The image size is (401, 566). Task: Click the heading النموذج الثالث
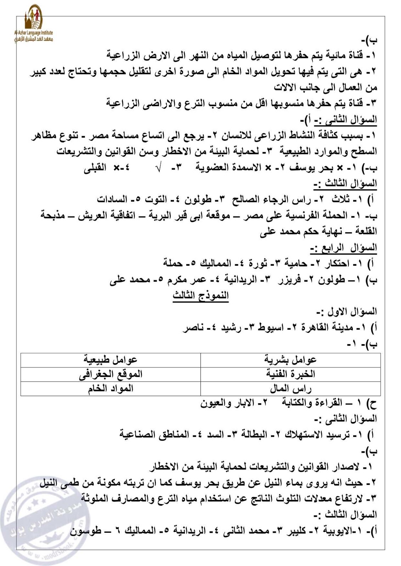[x=200, y=295]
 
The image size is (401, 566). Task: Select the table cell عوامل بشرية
[x=290, y=360]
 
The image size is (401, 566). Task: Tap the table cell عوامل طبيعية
[x=110, y=360]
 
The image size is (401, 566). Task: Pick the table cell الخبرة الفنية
[x=290, y=374]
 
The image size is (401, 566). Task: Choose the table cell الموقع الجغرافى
[x=110, y=374]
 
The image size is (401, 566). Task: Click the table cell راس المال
[x=290, y=388]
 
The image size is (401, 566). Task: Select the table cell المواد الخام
[x=110, y=388]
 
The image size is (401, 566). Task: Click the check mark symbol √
[x=159, y=168]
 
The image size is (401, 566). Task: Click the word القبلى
[x=95, y=168]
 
